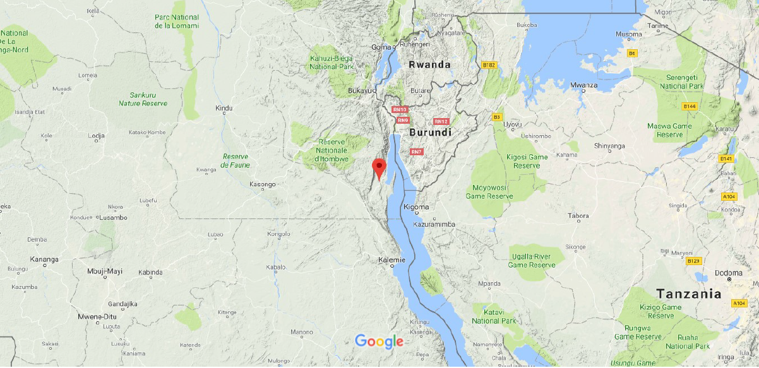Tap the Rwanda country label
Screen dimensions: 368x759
429,64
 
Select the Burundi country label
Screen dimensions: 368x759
431,133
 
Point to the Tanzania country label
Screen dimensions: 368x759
688,294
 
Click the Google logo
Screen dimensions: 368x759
379,341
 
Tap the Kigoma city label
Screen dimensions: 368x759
416,207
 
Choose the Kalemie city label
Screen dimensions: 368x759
391,259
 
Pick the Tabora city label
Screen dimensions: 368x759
578,216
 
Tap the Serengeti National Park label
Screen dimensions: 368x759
681,81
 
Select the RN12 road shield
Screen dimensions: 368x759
441,121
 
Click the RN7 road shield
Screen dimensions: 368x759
415,151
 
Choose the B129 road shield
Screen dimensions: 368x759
693,261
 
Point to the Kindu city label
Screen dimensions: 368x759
224,109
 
